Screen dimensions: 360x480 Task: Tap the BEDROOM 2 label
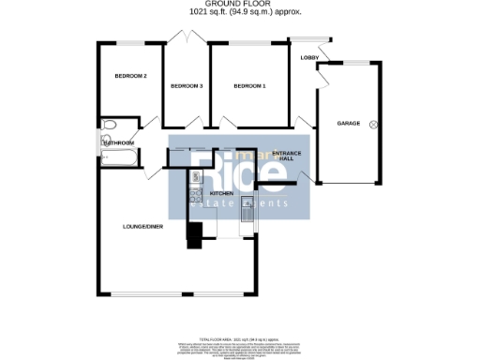tap(130, 76)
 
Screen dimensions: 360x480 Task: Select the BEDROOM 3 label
tap(187, 86)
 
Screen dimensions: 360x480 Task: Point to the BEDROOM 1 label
tap(249, 86)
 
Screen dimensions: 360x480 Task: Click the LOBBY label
tap(308, 58)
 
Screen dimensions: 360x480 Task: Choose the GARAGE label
tap(349, 124)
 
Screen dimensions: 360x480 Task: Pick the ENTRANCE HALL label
tap(282, 156)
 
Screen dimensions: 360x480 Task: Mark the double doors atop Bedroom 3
tap(187, 37)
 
